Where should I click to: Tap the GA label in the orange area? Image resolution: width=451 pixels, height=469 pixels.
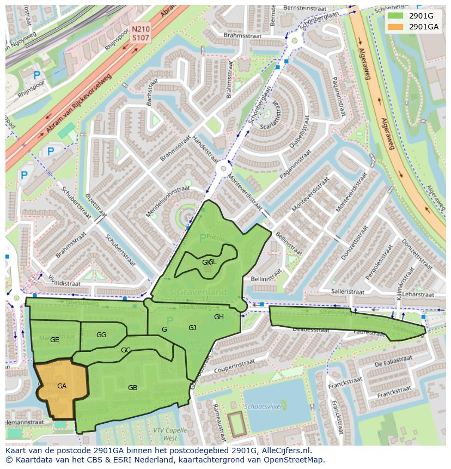pos(62,386)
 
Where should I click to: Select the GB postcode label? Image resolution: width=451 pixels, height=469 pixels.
pos(132,388)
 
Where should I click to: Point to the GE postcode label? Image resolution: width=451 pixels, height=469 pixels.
pos(54,340)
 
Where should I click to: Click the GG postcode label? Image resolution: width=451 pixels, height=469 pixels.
pos(101,334)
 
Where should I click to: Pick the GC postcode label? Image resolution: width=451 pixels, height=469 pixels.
pos(126,350)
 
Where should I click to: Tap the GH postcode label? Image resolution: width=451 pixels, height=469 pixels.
pos(218,317)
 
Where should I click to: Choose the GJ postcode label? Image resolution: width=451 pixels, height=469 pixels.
pos(192,328)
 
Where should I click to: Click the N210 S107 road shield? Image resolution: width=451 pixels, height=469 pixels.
pos(141,33)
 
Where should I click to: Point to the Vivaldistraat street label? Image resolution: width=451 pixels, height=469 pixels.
pos(63,283)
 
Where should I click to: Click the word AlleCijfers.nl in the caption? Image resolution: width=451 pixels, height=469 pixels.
pos(283,450)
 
